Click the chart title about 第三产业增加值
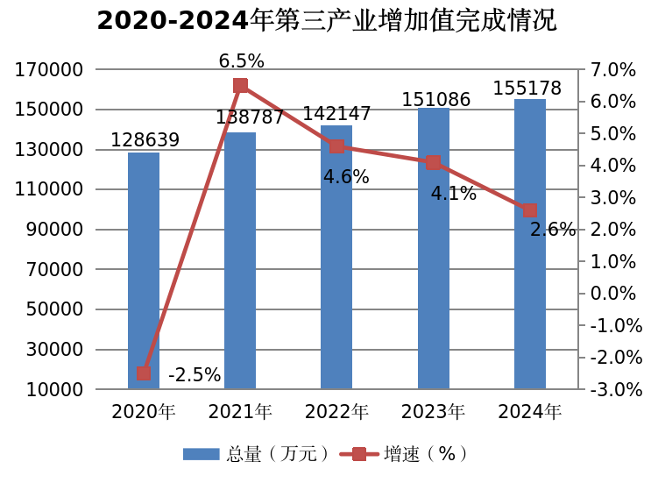(326, 20)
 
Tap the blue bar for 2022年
(336, 263)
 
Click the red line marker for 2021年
(240, 86)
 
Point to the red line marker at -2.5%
(144, 373)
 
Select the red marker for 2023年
(433, 163)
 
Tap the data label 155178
(527, 89)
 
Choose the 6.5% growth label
(241, 61)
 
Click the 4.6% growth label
(346, 177)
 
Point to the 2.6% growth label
(553, 231)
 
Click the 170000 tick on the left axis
(49, 70)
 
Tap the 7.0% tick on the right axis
(614, 70)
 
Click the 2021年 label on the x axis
(240, 411)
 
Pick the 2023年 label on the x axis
(433, 411)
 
